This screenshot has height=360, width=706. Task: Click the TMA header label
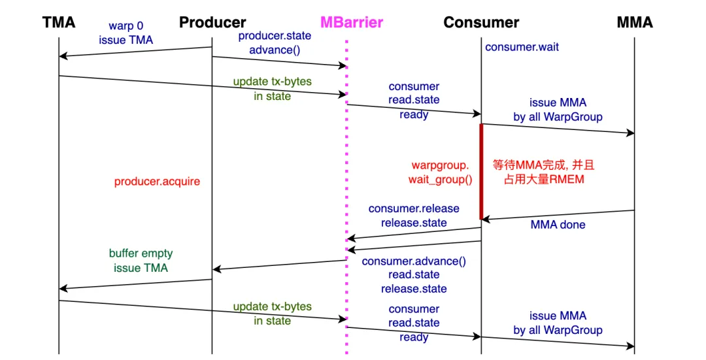pyautogui.click(x=59, y=23)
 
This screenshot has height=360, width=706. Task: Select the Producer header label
pyautogui.click(x=212, y=23)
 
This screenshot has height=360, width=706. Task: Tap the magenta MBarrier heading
pyautogui.click(x=351, y=23)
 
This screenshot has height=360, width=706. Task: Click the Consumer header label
pyautogui.click(x=481, y=23)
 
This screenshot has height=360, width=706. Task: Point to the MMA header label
pyautogui.click(x=634, y=23)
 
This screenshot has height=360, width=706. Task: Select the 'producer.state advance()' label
pyautogui.click(x=275, y=43)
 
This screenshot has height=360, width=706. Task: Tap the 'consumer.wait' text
pyautogui.click(x=522, y=47)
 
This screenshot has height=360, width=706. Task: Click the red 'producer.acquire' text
pyautogui.click(x=157, y=182)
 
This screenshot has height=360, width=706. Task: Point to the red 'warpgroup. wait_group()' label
pyautogui.click(x=440, y=172)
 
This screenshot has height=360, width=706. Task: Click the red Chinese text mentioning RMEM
pyautogui.click(x=543, y=172)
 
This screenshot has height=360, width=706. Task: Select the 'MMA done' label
pyautogui.click(x=558, y=225)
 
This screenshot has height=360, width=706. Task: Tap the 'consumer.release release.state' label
pyautogui.click(x=414, y=216)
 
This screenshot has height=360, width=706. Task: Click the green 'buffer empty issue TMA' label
pyautogui.click(x=141, y=260)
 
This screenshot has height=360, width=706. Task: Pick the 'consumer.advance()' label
pyautogui.click(x=414, y=261)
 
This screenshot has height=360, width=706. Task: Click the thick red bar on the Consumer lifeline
pyautogui.click(x=482, y=171)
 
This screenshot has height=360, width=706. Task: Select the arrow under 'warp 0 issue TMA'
pyautogui.click(x=135, y=52)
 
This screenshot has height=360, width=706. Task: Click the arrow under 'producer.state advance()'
pyautogui.click(x=279, y=61)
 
